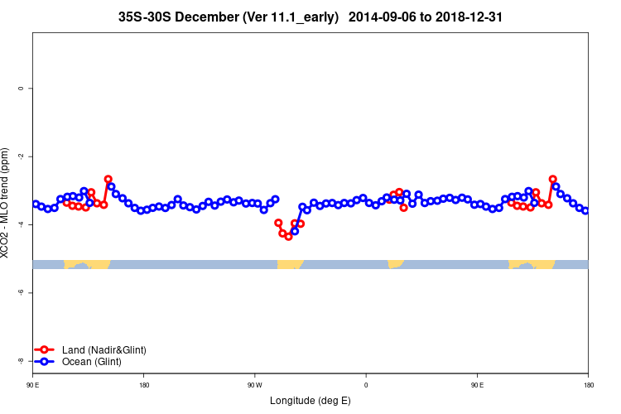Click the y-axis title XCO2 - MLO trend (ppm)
[x=6, y=203]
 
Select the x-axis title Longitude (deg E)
[x=310, y=401]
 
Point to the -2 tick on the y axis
[x=20, y=156]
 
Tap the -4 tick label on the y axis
[x=20, y=224]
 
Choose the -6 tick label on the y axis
[x=20, y=292]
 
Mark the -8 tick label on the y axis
[x=20, y=360]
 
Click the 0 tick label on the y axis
[x=20, y=88]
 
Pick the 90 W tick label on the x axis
[x=254, y=385]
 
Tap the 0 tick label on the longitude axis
[x=366, y=385]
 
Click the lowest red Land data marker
[x=288, y=237]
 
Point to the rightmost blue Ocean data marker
[x=585, y=210]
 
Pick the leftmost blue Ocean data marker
[x=36, y=204]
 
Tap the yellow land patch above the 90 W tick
[x=289, y=264]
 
